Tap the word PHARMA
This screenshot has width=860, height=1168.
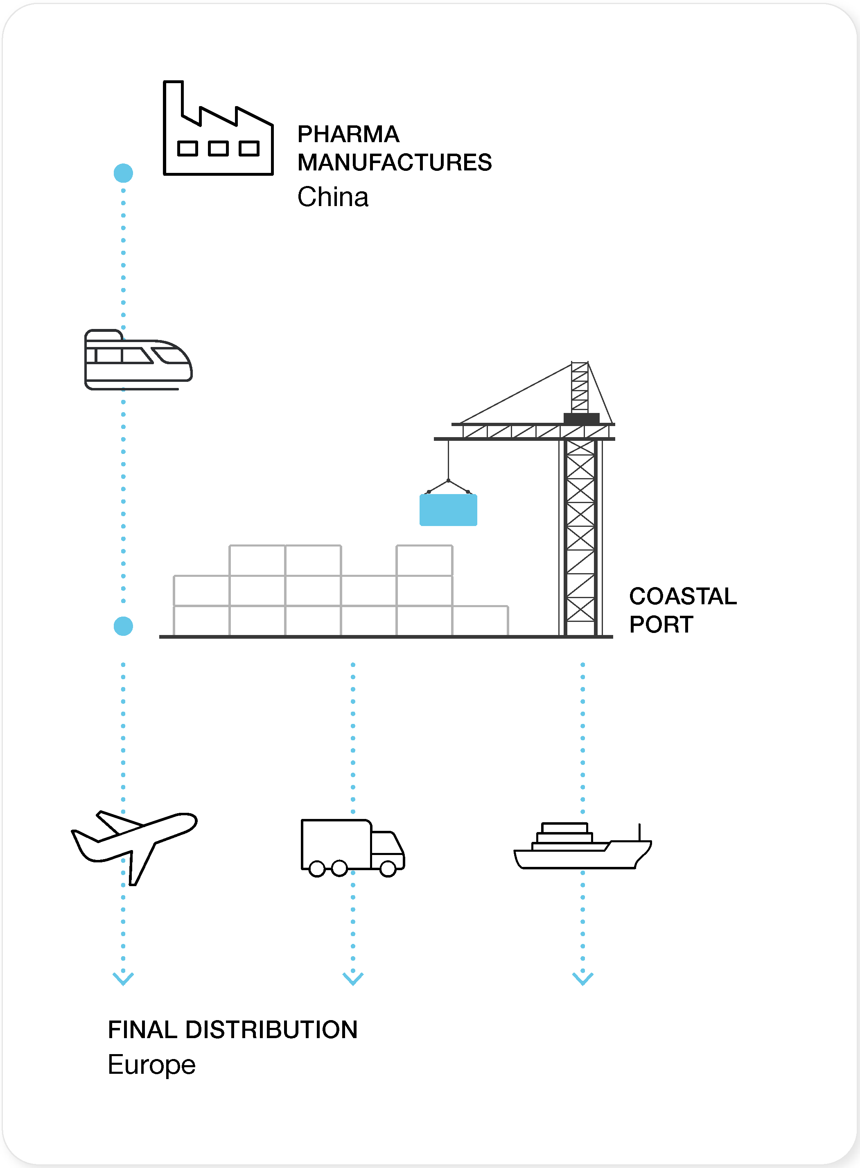[348, 134]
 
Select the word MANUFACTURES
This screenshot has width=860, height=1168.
[394, 163]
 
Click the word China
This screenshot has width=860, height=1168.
[333, 197]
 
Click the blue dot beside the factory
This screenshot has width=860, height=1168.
[123, 173]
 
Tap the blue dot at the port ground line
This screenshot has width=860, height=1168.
[123, 626]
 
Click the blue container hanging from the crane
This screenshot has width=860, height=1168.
[448, 510]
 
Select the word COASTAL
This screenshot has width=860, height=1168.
[682, 596]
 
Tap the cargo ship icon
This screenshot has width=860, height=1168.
[582, 846]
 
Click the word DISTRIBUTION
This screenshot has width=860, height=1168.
[271, 1030]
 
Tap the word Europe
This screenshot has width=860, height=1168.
[151, 1065]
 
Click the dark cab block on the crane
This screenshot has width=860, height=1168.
[582, 418]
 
